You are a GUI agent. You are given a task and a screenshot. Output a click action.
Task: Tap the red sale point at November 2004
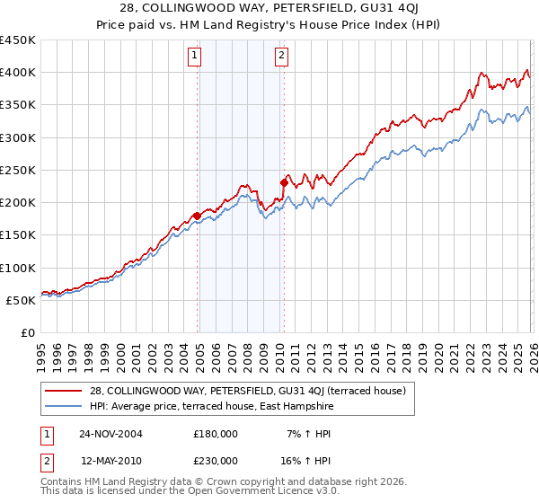click(198, 216)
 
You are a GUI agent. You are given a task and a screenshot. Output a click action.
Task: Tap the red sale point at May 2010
click(284, 183)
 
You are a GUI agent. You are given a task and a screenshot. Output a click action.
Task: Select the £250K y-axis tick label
click(18, 170)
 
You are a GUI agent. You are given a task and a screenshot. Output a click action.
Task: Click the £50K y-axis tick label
click(22, 300)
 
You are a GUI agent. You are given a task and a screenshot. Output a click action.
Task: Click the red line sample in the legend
click(64, 392)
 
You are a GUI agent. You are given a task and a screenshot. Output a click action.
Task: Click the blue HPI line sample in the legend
click(64, 406)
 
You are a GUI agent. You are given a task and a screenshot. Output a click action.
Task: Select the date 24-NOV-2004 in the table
click(110, 434)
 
